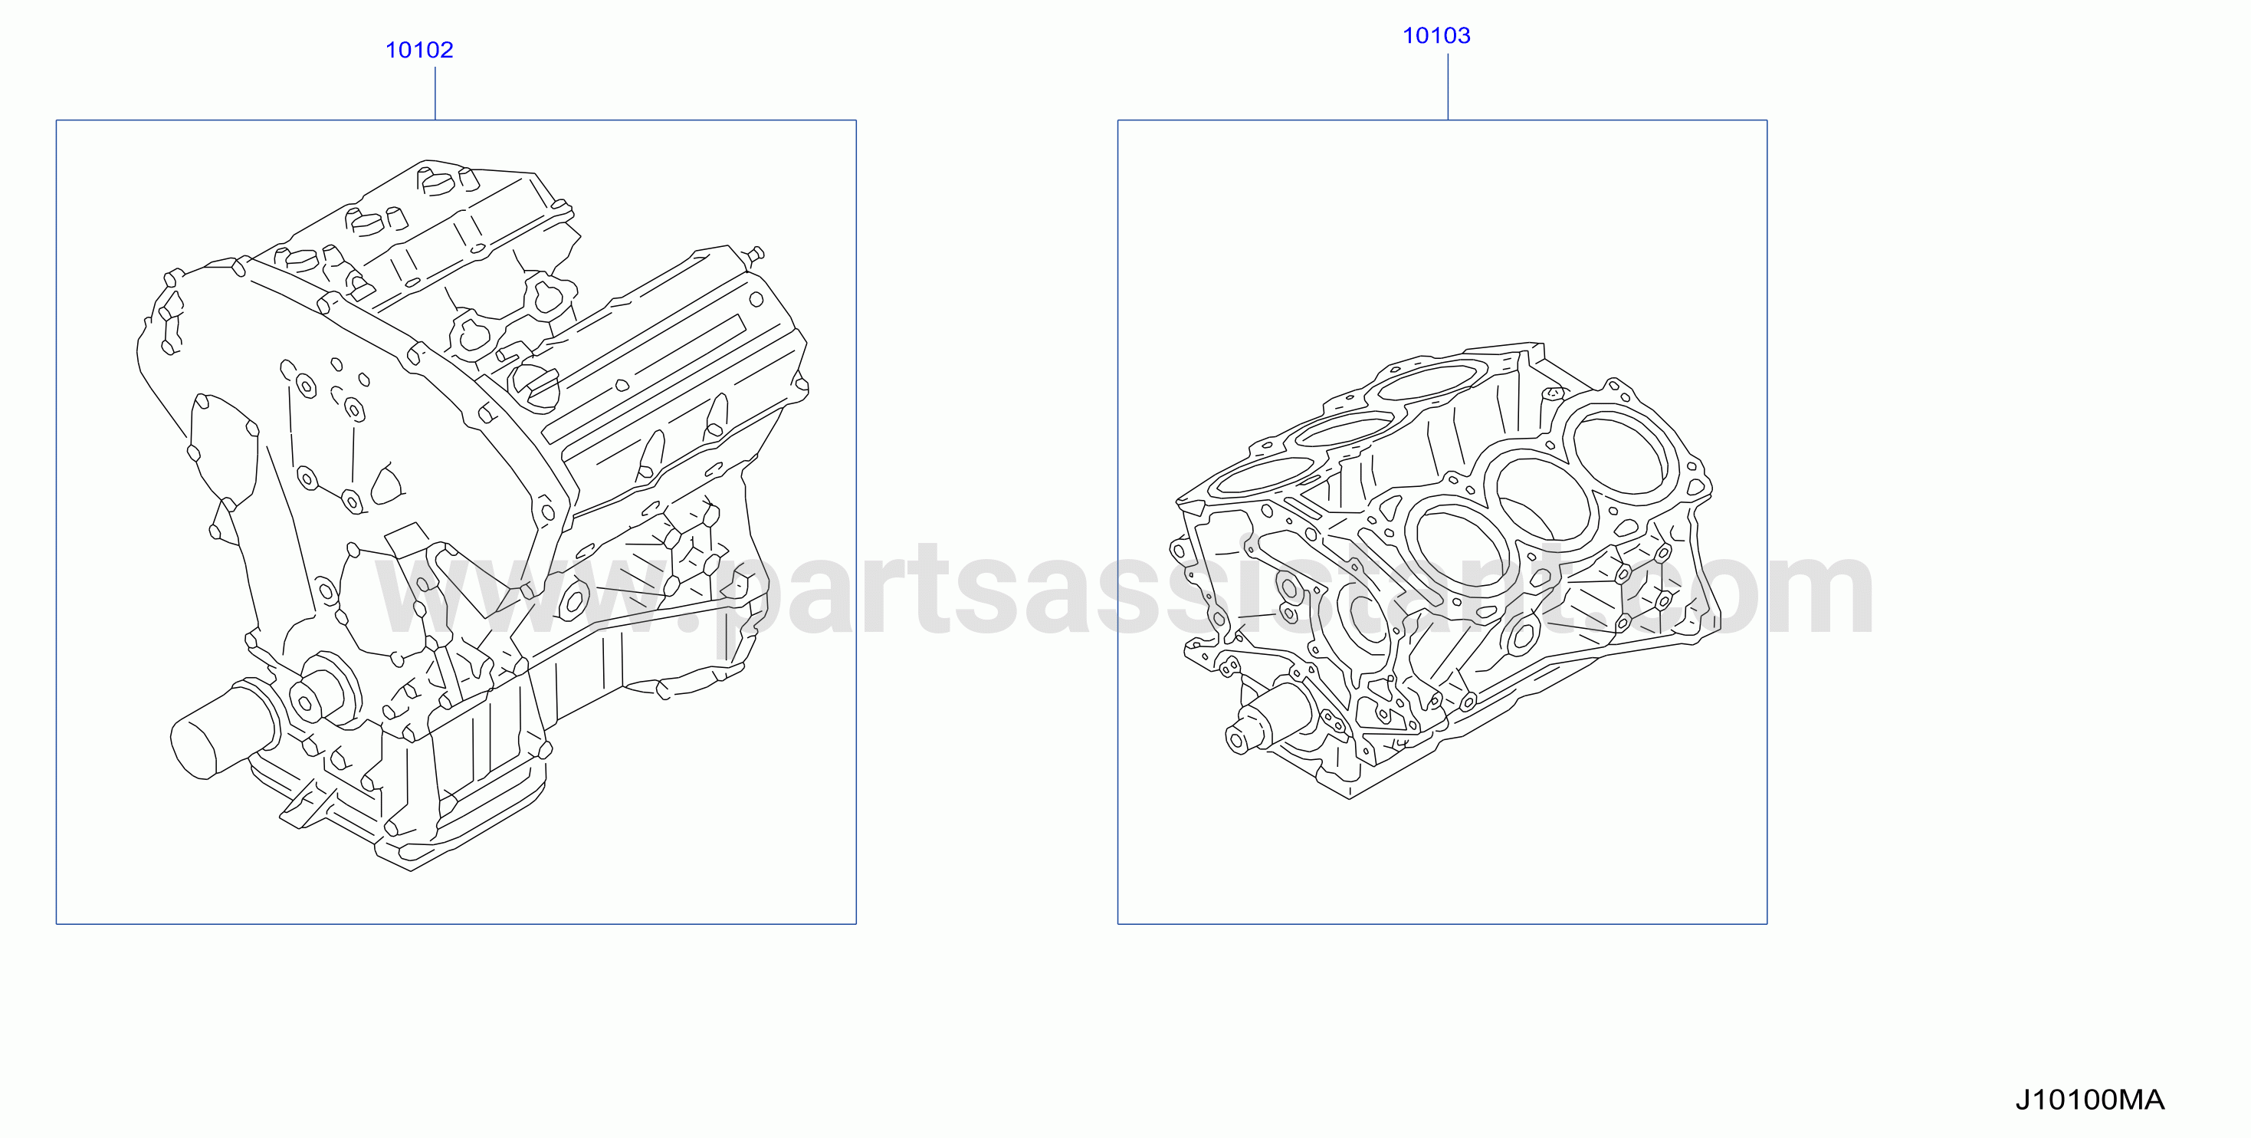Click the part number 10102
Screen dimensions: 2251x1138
coord(419,50)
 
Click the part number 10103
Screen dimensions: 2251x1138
coord(1436,36)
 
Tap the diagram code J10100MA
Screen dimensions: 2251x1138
coord(2089,1100)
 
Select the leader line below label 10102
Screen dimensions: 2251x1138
coord(435,93)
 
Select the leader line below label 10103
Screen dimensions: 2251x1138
coord(1448,87)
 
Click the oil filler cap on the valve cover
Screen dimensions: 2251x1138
coord(535,386)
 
